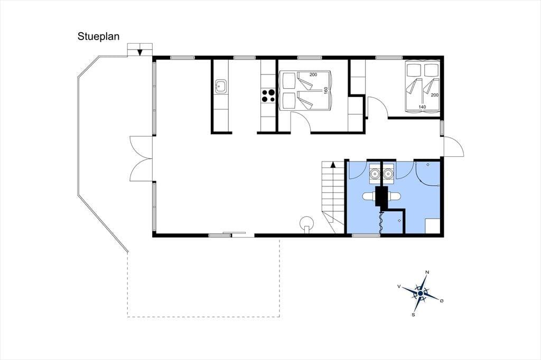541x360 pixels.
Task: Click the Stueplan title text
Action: point(98,36)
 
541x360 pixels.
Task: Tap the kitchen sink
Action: point(220,86)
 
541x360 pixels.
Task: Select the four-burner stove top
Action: point(268,96)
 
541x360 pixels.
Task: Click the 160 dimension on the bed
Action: point(325,91)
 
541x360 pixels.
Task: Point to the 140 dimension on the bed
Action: point(422,107)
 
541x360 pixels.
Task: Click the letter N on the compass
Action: point(427,272)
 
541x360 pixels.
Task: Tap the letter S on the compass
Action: point(413,315)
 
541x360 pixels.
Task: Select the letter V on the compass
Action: point(399,286)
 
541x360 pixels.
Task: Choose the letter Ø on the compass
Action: point(442,301)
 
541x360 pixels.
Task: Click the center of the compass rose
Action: point(420,293)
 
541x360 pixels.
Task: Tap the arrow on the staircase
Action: point(333,164)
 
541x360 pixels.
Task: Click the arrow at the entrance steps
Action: point(139,51)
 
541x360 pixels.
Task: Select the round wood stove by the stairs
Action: point(306,223)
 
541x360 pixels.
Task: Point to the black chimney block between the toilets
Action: point(381,196)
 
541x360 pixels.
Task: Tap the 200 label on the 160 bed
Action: point(313,74)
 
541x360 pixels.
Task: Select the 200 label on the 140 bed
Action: point(434,95)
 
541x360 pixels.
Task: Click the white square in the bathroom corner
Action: point(432,226)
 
